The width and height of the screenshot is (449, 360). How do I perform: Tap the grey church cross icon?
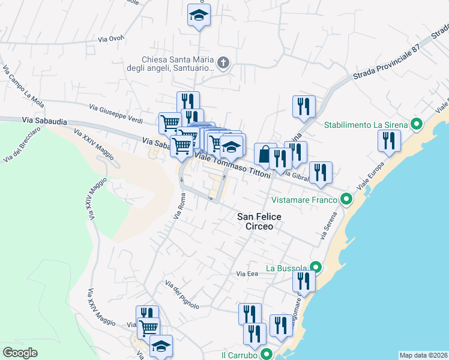[x=223, y=63]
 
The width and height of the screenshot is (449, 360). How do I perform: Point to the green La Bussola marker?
[x=316, y=268]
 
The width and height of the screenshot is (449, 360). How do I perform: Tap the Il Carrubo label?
[x=240, y=355]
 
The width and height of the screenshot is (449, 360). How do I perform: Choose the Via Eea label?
[x=247, y=274]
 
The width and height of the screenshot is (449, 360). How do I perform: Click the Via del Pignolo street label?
[x=182, y=295]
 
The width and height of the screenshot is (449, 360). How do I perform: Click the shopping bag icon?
[x=265, y=154]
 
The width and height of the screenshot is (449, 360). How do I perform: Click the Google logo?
[x=20, y=353]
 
